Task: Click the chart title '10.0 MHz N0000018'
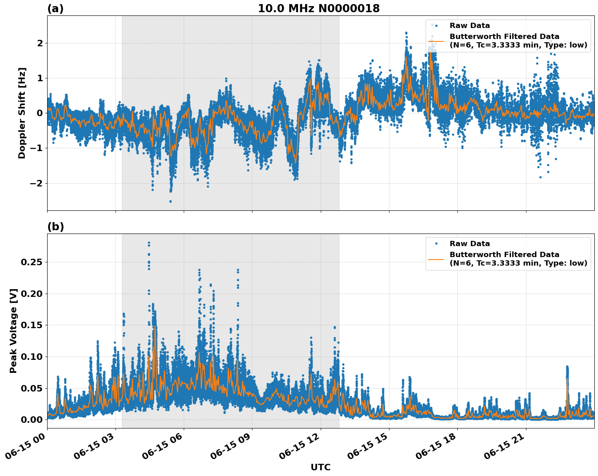(x=318, y=9)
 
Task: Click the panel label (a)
(x=55, y=9)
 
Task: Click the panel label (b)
(x=55, y=227)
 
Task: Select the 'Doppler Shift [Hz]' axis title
(x=22, y=113)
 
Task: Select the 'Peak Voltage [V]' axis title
(x=13, y=331)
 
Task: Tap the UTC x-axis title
(x=320, y=467)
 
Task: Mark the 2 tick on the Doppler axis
(x=40, y=43)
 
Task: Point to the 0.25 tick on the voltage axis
(x=31, y=262)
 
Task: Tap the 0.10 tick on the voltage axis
(x=31, y=357)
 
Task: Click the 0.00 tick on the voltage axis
(x=31, y=420)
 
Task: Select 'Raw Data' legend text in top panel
(x=470, y=26)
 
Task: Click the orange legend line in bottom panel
(x=436, y=259)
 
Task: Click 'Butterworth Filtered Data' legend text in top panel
(x=504, y=37)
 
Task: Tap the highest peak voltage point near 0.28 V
(x=149, y=243)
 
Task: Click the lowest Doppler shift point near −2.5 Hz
(x=170, y=201)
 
